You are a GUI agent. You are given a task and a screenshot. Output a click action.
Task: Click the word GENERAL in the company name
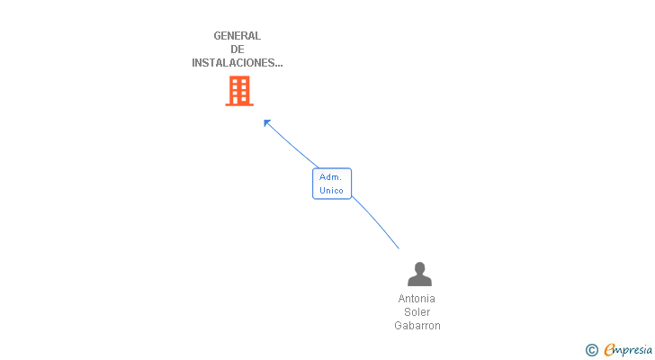(x=238, y=36)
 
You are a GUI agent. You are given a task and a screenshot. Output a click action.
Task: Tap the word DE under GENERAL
(x=238, y=49)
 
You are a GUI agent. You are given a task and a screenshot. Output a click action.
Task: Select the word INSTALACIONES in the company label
(x=233, y=63)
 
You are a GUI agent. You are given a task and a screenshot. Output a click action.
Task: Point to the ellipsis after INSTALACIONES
(x=279, y=66)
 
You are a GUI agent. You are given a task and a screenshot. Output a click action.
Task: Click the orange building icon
(x=239, y=91)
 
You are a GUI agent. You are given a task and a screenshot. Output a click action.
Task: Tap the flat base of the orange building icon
(x=239, y=104)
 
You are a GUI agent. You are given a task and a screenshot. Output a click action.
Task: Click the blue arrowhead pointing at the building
(x=267, y=123)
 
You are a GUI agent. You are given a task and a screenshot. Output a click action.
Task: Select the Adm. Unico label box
(x=332, y=184)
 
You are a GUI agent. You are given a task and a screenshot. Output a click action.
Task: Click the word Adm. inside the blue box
(x=330, y=177)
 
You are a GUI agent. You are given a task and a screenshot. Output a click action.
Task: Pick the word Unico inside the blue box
(x=331, y=191)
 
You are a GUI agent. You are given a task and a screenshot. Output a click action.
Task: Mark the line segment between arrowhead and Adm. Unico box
(x=293, y=146)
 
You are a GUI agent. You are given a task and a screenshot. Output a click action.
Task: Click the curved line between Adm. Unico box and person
(x=376, y=221)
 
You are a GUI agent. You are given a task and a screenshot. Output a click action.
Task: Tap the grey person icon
(x=419, y=274)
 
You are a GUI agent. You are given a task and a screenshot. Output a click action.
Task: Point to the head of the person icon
(x=420, y=267)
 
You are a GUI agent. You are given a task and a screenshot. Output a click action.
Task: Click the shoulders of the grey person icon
(x=419, y=281)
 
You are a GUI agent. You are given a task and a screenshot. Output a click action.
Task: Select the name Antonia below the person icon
(x=417, y=299)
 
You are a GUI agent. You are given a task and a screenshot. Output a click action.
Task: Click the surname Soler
(x=417, y=312)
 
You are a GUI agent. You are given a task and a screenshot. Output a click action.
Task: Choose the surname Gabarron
(x=417, y=325)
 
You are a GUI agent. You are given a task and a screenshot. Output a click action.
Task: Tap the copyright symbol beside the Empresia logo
(x=591, y=350)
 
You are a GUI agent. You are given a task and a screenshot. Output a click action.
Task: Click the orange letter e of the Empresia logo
(x=610, y=349)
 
